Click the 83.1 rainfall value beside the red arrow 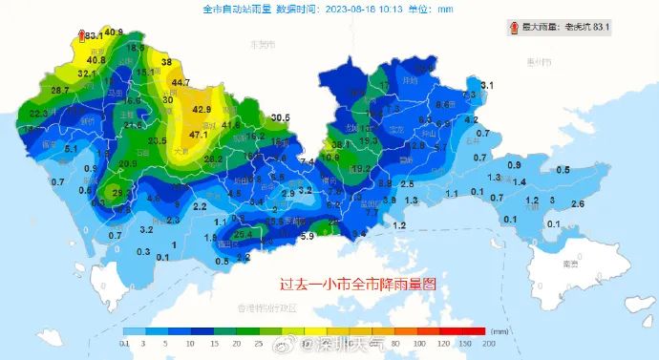(x=95, y=36)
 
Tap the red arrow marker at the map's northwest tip (x=81, y=35)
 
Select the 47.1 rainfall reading (x=199, y=135)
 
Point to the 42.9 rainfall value (x=201, y=110)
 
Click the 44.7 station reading (x=181, y=83)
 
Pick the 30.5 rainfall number (x=280, y=118)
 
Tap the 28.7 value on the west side (x=60, y=91)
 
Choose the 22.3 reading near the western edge (x=39, y=114)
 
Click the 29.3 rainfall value (x=121, y=193)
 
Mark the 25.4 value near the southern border (x=243, y=233)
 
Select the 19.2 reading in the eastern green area (x=361, y=168)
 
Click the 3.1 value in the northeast (x=487, y=86)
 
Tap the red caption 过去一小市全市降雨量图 (x=357, y=284)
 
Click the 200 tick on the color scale (x=490, y=342)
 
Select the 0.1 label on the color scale (x=125, y=342)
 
